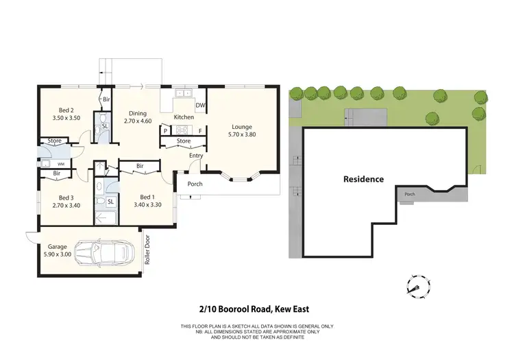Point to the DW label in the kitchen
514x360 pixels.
pos(200,105)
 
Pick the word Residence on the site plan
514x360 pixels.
pos(363,179)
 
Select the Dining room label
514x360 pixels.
pos(138,114)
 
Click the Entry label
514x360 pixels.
pos(197,155)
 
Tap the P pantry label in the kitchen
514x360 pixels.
pos(165,130)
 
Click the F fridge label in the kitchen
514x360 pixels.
pos(200,130)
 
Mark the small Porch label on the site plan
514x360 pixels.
pos(410,193)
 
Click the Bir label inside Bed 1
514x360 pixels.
pos(139,166)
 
